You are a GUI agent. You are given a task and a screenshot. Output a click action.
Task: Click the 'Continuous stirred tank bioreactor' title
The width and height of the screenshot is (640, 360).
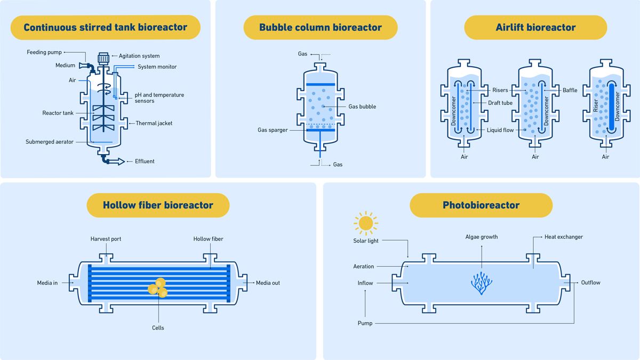coord(105,27)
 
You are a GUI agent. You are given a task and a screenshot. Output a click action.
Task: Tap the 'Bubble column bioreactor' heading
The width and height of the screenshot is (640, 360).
coord(320,27)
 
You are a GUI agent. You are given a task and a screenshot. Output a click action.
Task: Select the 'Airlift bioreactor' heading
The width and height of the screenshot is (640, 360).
coord(535,27)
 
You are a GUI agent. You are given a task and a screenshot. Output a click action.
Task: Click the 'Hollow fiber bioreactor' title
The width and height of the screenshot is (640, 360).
coord(158,205)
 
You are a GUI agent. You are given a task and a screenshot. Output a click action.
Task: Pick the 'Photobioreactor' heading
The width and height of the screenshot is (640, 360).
coord(481,205)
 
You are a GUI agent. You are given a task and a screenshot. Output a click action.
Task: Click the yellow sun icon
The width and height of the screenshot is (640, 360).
coord(366,222)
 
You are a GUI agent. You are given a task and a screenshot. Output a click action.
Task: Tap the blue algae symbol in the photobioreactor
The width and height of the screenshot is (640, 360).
coord(482,283)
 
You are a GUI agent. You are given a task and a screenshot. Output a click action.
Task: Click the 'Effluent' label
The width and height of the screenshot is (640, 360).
coord(145,161)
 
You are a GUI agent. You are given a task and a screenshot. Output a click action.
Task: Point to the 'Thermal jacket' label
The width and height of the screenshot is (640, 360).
coord(154,123)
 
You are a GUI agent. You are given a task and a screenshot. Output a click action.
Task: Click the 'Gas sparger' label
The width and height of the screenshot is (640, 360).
coord(273,130)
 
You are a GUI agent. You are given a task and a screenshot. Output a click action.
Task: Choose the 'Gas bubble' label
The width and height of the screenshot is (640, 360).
coord(362,107)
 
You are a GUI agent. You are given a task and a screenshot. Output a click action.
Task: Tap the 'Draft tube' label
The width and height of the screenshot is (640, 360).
coord(500,103)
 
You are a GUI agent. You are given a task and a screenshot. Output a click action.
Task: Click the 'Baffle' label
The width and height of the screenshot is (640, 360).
coord(570,90)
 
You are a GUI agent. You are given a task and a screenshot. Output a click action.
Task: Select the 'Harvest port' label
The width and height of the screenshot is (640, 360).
coord(106,239)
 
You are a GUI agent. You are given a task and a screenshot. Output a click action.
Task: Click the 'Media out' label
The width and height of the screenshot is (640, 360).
coord(268,283)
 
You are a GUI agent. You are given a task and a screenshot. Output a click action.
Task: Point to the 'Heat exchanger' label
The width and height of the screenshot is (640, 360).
coord(563,237)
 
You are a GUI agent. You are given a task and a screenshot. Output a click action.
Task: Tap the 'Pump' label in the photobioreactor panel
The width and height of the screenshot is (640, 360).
coord(365,323)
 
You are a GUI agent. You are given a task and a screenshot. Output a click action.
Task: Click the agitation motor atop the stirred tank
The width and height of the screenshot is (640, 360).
coord(103,57)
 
